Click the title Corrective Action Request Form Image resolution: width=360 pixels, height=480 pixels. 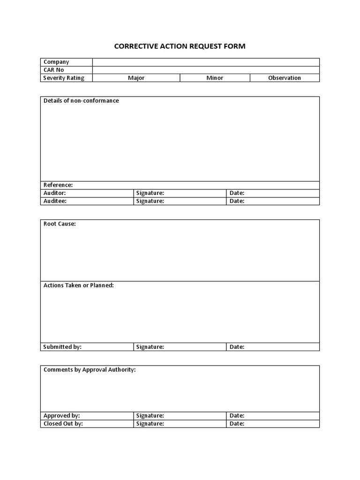point(180,46)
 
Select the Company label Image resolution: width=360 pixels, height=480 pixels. point(56,62)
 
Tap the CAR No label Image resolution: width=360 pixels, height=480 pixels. point(54,70)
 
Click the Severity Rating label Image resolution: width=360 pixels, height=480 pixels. point(64,78)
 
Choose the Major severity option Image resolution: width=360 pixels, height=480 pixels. point(136,78)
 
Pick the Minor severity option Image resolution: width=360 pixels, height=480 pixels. point(215,78)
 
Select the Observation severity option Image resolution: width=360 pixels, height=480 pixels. point(285,78)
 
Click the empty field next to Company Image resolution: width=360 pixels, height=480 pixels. point(206,62)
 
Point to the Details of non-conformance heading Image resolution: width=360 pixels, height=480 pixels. point(81,101)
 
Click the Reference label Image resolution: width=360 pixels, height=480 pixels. point(58,185)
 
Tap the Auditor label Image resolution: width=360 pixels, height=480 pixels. point(55,193)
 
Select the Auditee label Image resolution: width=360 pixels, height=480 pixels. point(55,201)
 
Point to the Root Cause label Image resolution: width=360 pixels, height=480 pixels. point(60,224)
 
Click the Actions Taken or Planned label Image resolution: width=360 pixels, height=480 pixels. point(79,285)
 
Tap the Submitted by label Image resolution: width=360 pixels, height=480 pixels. point(62,347)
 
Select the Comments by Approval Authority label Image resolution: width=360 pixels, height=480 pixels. point(90,370)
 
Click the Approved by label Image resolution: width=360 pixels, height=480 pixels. point(62,416)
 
